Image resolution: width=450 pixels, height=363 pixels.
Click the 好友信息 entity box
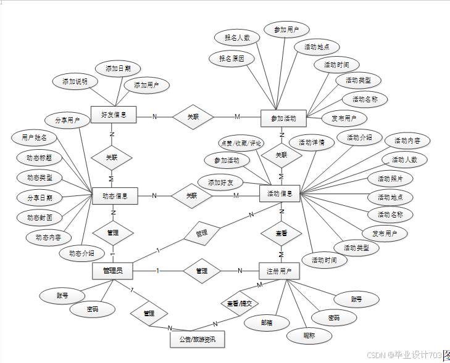coord(114,115)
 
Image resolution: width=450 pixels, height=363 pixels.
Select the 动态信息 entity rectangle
coord(114,196)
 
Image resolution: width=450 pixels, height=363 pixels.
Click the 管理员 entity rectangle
coord(112,270)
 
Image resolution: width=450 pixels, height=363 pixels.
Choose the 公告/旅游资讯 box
coord(198,339)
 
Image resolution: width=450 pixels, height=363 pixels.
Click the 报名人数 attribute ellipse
coord(238,38)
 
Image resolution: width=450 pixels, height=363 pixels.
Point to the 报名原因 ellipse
coord(231,59)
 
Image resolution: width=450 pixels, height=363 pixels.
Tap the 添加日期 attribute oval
coord(118,68)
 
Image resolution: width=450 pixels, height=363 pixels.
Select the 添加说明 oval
coord(75,81)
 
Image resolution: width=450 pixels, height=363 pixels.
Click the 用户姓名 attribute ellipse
coord(35,137)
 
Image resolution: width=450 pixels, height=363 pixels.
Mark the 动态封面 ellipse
coord(40,218)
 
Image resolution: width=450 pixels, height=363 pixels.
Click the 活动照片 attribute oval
coord(390,179)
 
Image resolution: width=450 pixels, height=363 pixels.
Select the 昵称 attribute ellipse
coord(309,336)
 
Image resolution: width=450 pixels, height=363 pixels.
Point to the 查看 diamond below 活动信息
coord(281,234)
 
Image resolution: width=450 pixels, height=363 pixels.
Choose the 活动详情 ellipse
coord(312,142)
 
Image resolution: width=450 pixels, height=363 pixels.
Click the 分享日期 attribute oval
coord(40,198)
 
